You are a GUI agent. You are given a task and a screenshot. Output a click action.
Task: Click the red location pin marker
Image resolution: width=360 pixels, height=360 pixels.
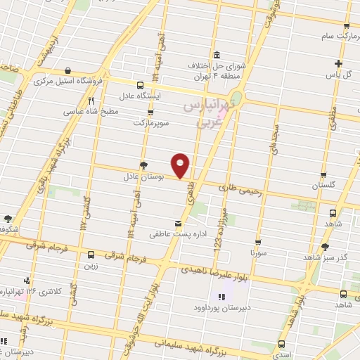point(181,165)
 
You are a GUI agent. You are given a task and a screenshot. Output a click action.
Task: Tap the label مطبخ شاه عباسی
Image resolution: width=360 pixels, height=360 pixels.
point(71,110)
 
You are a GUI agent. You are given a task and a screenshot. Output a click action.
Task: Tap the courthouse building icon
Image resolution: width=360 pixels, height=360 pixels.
point(216,55)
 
